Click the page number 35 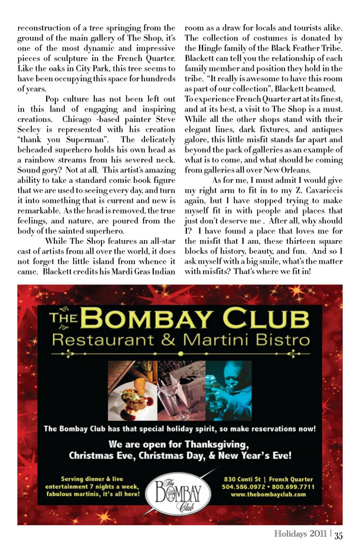[338, 536]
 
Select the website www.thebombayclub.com [268, 494]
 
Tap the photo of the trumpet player [228, 390]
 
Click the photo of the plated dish [132, 390]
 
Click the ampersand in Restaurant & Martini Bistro [168, 340]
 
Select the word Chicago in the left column [77, 119]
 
